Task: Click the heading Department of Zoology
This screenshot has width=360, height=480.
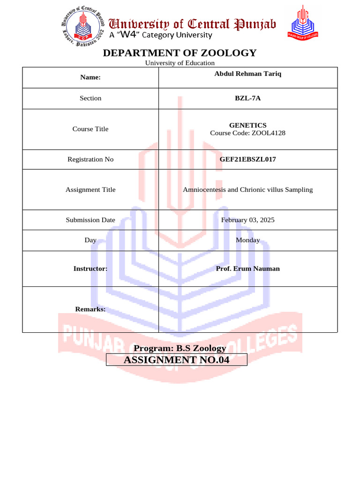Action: (x=180, y=53)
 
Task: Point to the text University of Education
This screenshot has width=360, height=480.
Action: (x=180, y=63)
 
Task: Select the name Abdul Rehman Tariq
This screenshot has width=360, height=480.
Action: (x=247, y=74)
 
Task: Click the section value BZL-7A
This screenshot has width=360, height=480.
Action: (x=247, y=98)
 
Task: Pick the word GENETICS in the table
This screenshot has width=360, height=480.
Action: (x=247, y=125)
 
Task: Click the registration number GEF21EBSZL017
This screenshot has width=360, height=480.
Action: (x=247, y=159)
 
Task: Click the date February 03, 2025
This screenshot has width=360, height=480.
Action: (x=247, y=219)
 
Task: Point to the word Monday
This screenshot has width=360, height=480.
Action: (x=247, y=240)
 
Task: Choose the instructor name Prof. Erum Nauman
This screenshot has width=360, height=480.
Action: (x=247, y=269)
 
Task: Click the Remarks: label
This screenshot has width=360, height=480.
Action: (x=90, y=309)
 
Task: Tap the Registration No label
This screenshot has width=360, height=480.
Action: (x=90, y=159)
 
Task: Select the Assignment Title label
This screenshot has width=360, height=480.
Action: (x=90, y=189)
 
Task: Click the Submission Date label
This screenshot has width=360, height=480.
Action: (x=90, y=219)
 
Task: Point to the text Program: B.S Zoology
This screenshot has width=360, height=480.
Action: (x=180, y=348)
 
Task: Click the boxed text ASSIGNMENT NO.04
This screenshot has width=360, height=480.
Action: (x=177, y=360)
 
